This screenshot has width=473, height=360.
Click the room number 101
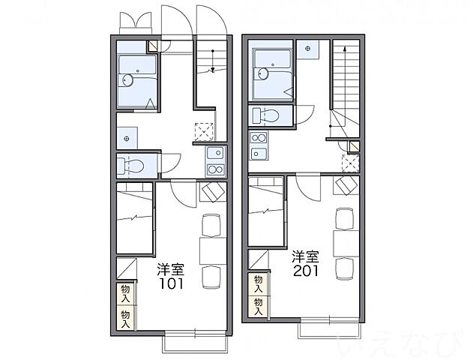click(171, 283)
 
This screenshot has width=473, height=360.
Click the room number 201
click(306, 271)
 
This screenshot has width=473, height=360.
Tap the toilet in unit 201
click(265, 115)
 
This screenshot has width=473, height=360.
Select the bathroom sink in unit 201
click(262, 73)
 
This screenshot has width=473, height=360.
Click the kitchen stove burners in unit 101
click(215, 170)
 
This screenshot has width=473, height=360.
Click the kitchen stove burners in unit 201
click(259, 139)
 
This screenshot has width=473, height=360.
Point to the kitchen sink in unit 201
click(259, 153)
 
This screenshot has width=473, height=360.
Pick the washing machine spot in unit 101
click(127, 139)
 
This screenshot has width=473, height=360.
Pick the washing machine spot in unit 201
click(307, 49)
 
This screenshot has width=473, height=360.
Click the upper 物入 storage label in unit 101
click(125, 293)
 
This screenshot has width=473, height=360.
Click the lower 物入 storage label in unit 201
click(258, 306)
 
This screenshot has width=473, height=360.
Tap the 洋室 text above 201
click(305, 257)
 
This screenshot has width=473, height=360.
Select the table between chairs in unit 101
click(213, 251)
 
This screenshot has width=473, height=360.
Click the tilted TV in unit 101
click(214, 192)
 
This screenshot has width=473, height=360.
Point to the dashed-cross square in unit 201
click(350, 163)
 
